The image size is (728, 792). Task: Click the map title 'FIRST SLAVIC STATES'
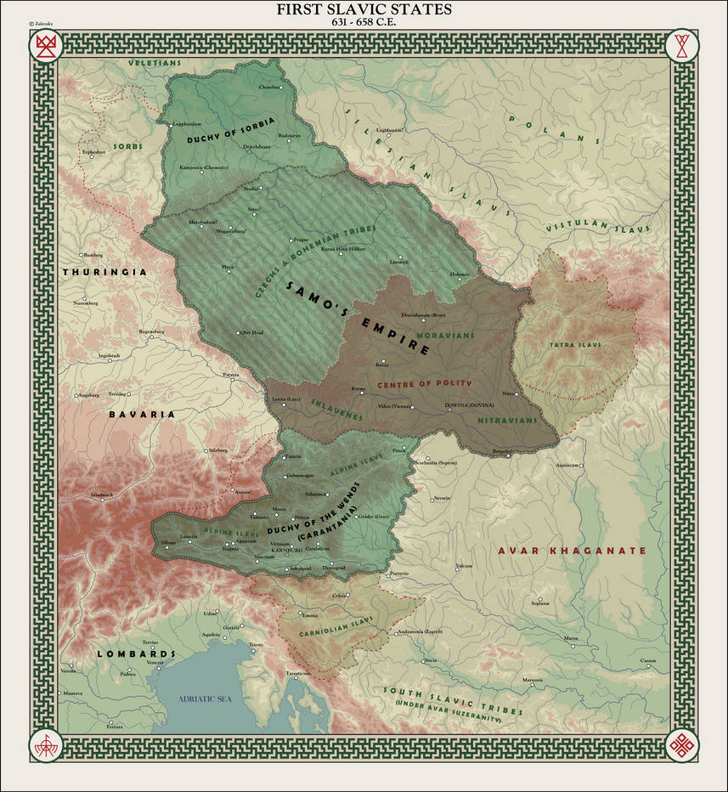364,9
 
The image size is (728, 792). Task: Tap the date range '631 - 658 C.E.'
364,22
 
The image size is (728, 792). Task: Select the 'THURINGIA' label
104,272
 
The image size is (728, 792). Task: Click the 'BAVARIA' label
141,415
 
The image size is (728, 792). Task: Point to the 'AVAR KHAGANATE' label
572,551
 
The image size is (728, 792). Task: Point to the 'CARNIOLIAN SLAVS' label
336,631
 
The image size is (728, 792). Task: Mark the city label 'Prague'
300,240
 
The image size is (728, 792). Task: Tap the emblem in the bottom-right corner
682,745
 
